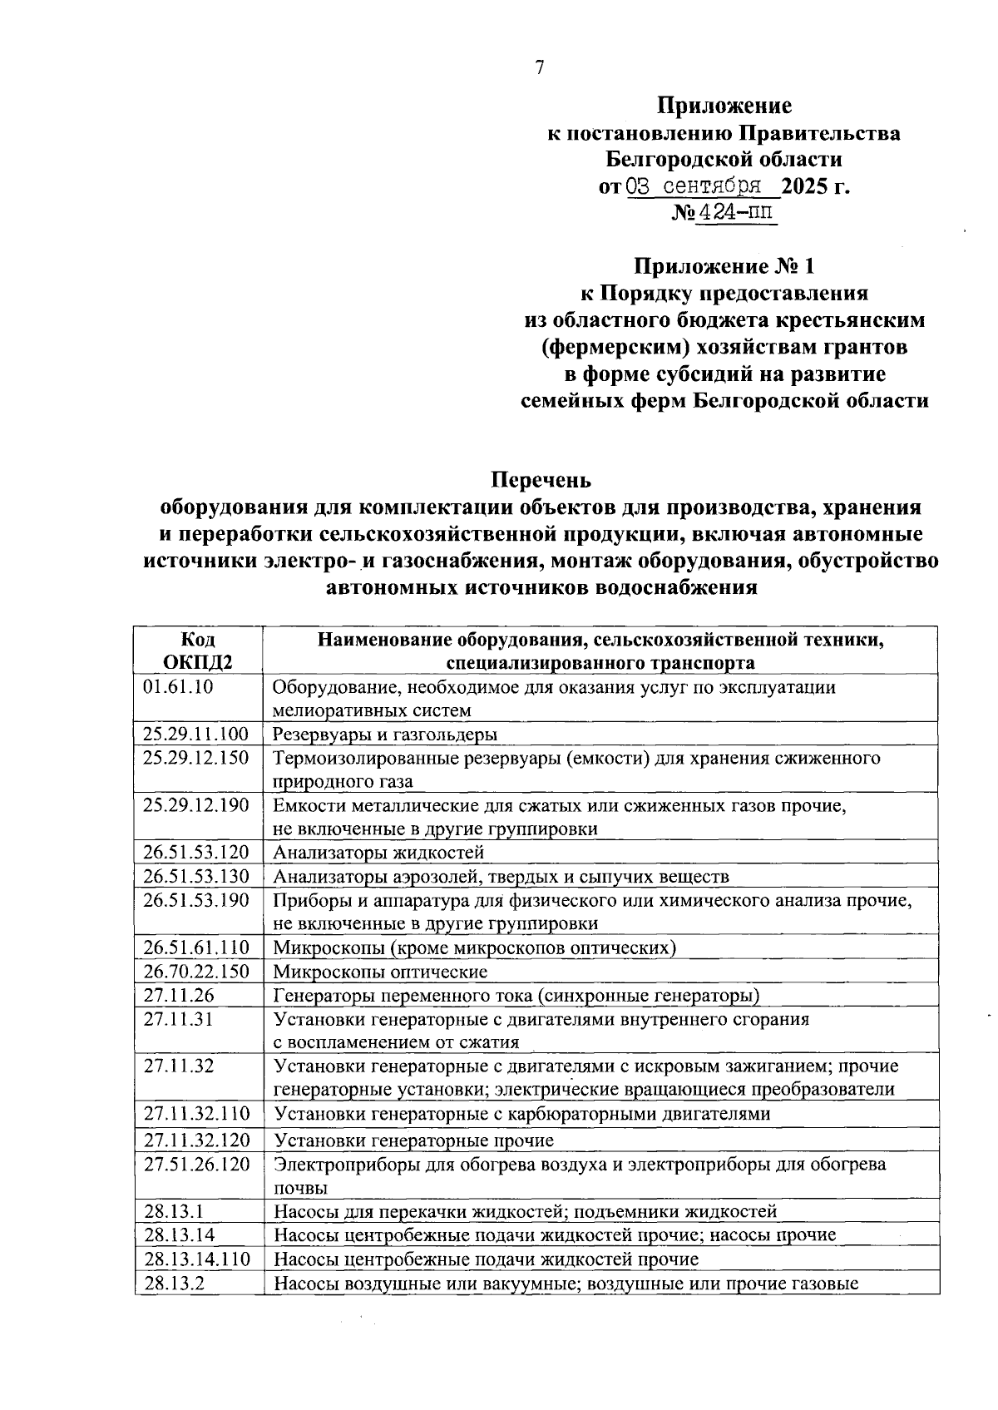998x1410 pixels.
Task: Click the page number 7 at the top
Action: (x=540, y=68)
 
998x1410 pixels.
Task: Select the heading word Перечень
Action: (x=541, y=480)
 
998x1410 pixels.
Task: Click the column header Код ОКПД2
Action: (x=197, y=651)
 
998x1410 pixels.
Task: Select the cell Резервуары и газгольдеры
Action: (x=386, y=735)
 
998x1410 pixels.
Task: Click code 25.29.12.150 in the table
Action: (x=196, y=758)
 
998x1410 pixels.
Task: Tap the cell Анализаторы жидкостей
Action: (x=378, y=853)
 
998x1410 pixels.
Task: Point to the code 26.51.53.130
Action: (x=196, y=876)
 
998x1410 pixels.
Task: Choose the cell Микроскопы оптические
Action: (x=381, y=972)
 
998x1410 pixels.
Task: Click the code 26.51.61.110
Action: (x=196, y=947)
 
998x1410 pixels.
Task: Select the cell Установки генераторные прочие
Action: (x=414, y=1140)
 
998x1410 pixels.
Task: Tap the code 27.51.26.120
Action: (x=196, y=1165)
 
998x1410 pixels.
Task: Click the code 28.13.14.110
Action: (x=196, y=1259)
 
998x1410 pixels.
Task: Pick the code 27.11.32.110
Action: (x=196, y=1114)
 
